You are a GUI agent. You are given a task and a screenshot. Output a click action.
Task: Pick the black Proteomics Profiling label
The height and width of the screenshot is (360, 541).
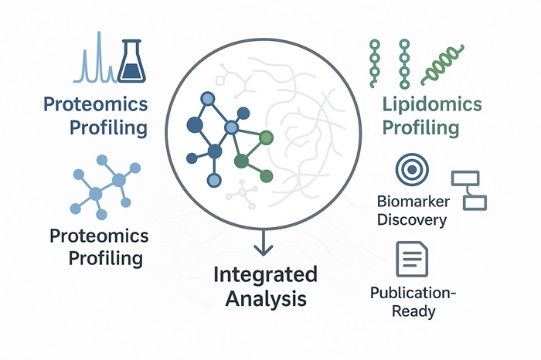(x=97, y=246)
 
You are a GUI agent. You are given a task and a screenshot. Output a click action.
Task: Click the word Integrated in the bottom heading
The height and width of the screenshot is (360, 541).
(x=265, y=274)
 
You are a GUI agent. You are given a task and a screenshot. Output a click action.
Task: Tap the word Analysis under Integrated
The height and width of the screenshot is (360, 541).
(x=265, y=298)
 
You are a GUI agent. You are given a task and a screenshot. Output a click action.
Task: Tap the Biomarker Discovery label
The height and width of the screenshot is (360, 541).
(x=412, y=210)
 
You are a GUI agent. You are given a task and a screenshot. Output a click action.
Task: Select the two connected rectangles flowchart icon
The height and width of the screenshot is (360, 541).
(x=469, y=190)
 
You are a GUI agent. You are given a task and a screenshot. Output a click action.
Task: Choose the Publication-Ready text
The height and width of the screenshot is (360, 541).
(x=413, y=302)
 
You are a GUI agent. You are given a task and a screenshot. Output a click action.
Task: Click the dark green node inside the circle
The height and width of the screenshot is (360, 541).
(x=241, y=162)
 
